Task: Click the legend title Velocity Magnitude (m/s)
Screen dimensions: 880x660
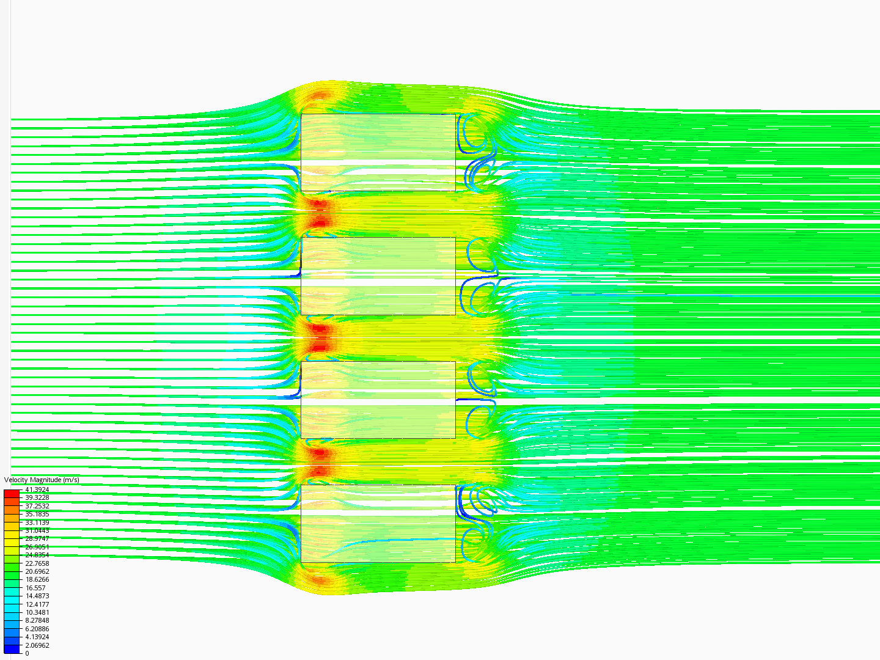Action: (x=42, y=480)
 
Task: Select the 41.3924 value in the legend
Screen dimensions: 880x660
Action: (x=37, y=490)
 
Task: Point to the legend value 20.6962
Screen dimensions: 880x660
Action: (x=37, y=571)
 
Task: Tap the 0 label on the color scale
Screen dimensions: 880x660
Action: (x=27, y=653)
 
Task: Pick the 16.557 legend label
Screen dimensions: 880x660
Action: (x=35, y=588)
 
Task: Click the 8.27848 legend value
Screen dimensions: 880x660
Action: (x=37, y=620)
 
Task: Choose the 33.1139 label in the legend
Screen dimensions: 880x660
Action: (x=37, y=522)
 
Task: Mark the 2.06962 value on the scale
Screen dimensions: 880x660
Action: (x=37, y=645)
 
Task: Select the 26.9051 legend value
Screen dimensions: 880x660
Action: (x=37, y=547)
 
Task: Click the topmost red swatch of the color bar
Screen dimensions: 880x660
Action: (x=12, y=493)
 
